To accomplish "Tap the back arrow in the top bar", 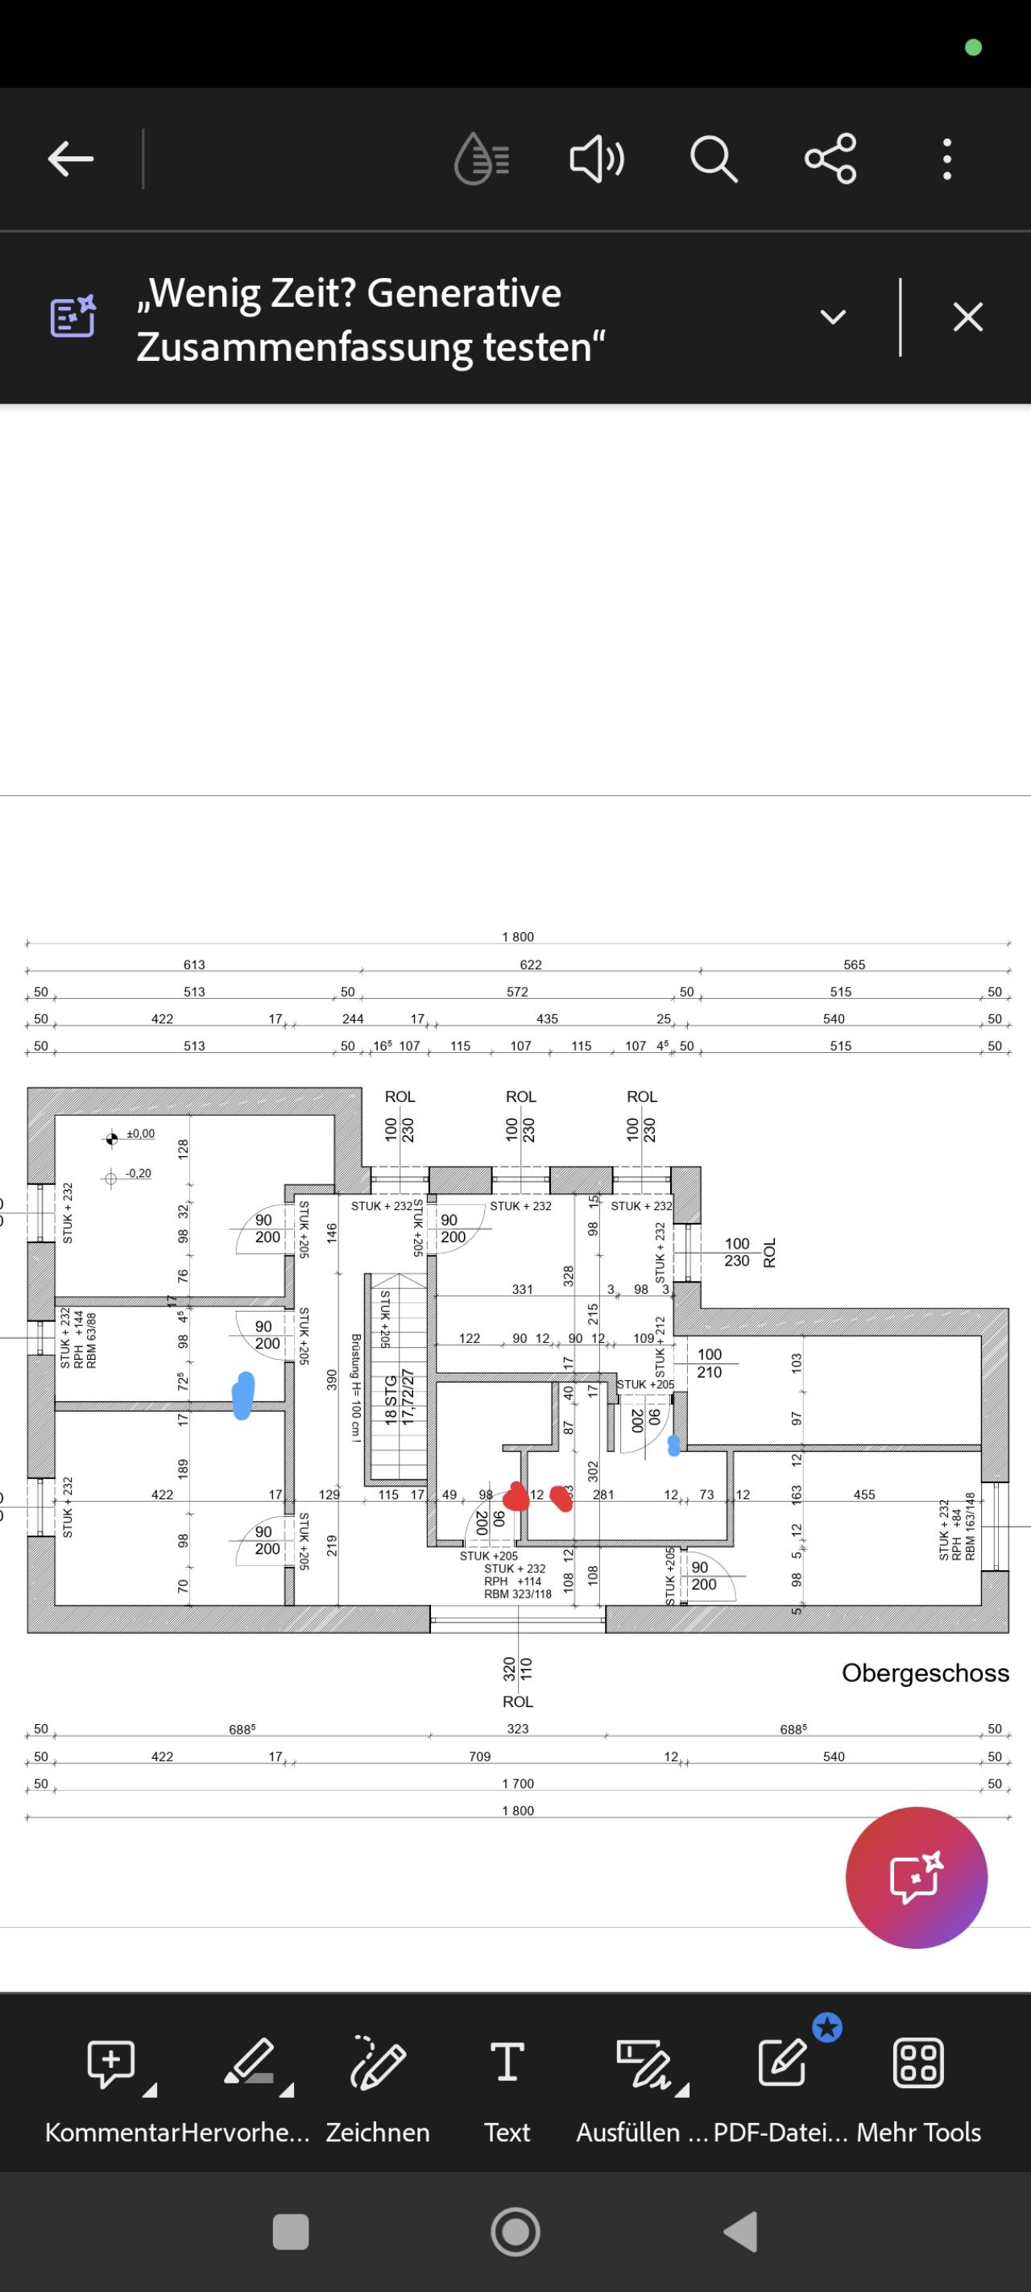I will [x=70, y=160].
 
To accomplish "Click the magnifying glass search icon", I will [x=714, y=160].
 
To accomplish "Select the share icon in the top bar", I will [x=830, y=160].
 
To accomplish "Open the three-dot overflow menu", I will [x=946, y=160].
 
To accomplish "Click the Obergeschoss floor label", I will [x=925, y=1672].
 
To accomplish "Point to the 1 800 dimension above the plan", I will [x=518, y=937].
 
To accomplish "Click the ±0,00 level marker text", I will [x=140, y=1134].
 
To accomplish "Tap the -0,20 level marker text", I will [x=138, y=1173].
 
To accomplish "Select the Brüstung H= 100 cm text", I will [x=356, y=1387].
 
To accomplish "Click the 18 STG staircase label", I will [x=390, y=1399].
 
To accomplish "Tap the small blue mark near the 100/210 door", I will [x=674, y=1445].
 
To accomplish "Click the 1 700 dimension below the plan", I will [x=518, y=1783].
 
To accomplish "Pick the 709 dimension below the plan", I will [x=479, y=1756].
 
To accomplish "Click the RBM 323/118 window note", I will [x=518, y=1594].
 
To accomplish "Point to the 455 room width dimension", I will [x=863, y=1494].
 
